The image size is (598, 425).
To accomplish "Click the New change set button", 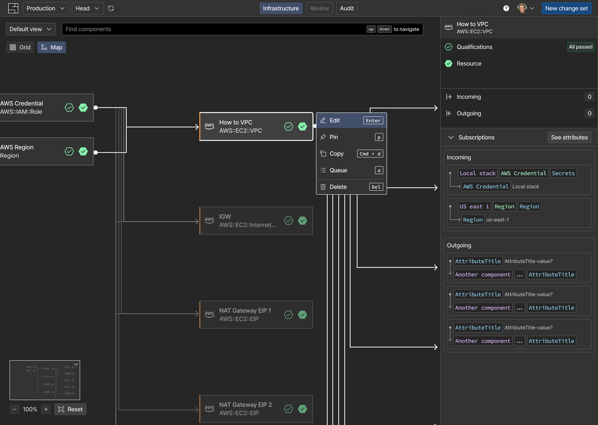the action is [566, 8].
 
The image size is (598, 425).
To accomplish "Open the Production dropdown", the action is [46, 8].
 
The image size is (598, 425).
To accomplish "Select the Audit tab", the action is [347, 8].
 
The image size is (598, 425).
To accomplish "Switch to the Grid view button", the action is [20, 47].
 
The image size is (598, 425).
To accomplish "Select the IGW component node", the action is [256, 221].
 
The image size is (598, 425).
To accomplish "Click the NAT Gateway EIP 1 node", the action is [256, 315].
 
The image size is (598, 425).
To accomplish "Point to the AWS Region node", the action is [47, 151].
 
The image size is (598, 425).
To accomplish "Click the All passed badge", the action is [580, 47].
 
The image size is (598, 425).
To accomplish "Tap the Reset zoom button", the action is [70, 409].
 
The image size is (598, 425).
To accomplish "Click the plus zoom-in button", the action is [46, 409].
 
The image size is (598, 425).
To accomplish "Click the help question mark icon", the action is [506, 8].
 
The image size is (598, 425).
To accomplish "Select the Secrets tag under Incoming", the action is [563, 173].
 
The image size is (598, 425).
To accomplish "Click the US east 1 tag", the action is [474, 207].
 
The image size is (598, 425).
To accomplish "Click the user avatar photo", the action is [521, 8].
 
